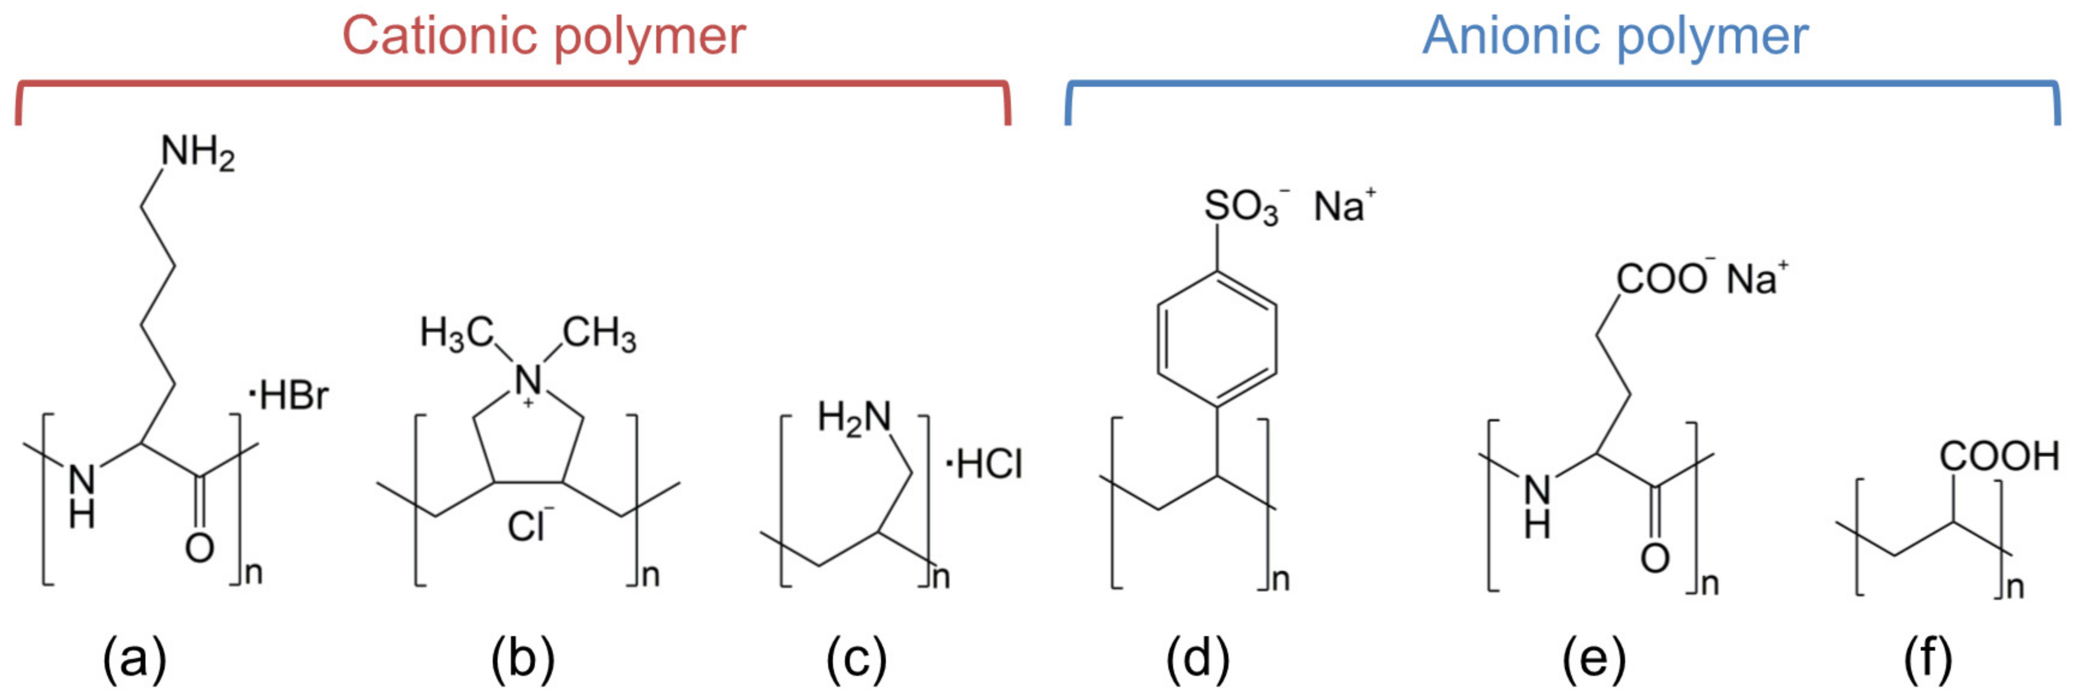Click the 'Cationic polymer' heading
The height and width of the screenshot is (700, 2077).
tap(544, 36)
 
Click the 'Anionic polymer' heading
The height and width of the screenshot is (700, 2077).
tap(1615, 36)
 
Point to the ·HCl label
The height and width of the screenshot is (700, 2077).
tap(984, 464)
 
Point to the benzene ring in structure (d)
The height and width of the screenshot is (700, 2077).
tap(1216, 339)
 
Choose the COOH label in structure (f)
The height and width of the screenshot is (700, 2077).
tap(1998, 456)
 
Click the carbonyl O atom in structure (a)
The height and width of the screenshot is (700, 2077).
tap(199, 548)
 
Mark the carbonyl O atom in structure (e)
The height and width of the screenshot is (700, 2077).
tap(1655, 558)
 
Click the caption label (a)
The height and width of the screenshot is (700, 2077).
tap(134, 658)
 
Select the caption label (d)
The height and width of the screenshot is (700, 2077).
tap(1197, 658)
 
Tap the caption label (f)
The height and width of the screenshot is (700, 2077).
tap(1928, 658)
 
